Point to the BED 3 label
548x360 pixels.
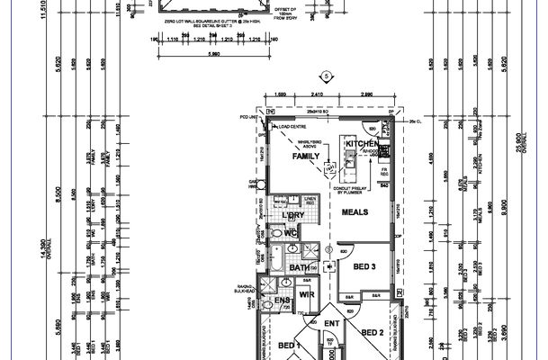(364, 267)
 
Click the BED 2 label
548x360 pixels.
(373, 333)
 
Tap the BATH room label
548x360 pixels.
(300, 267)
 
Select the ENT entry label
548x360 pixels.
(331, 321)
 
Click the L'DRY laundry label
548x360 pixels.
(292, 216)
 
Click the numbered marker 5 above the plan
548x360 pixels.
(328, 77)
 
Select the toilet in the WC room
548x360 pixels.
(275, 233)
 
